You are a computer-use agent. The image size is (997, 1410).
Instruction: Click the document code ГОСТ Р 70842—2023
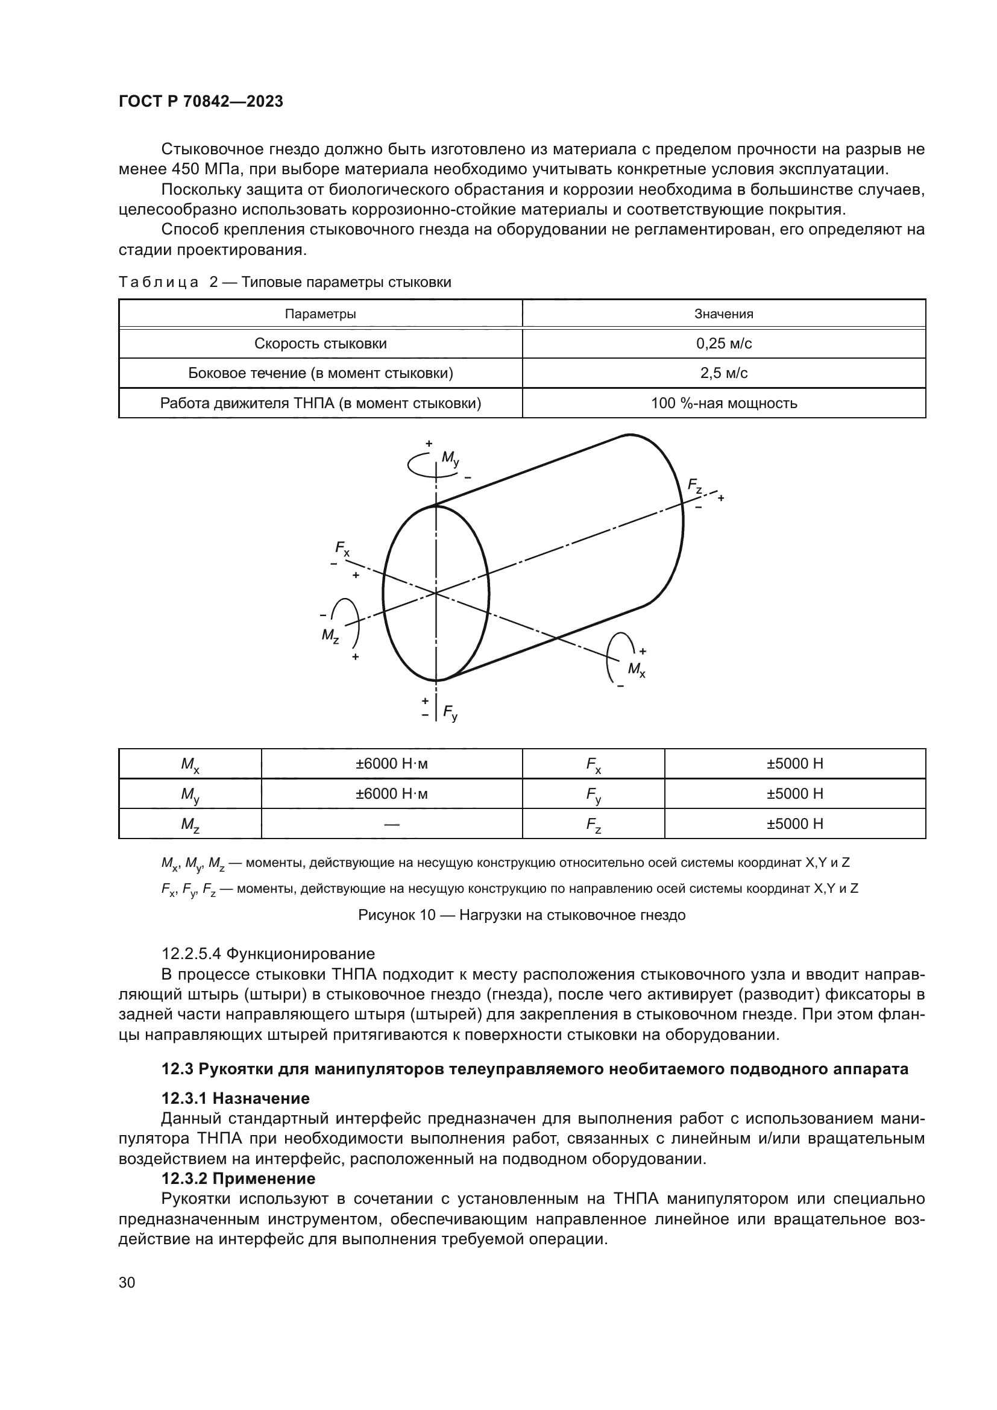pos(201,102)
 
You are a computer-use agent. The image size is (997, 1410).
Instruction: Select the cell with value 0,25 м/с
pos(723,343)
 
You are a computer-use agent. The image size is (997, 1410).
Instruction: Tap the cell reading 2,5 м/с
pos(723,373)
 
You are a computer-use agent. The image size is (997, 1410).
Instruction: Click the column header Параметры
pos(320,314)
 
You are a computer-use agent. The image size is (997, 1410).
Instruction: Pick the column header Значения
pos(723,314)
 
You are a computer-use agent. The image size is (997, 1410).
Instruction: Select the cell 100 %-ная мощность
pos(723,403)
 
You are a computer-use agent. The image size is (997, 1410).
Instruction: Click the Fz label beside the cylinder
pos(694,486)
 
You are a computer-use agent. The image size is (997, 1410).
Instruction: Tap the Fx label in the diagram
pos(342,548)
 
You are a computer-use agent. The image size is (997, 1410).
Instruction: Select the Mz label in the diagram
pos(330,635)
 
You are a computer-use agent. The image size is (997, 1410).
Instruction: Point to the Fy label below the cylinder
pos(450,714)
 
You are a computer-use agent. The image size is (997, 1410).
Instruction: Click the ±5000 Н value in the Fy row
pos(794,793)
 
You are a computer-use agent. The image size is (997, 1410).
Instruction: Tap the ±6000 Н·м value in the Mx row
pos(391,764)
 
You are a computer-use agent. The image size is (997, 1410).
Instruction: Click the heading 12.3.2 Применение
pos(238,1179)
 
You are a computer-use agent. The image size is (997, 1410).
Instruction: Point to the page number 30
pos(127,1282)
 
